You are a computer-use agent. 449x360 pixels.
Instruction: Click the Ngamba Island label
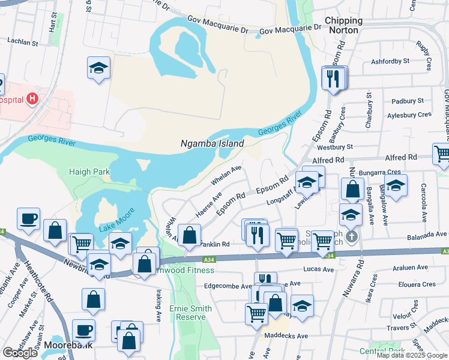click(212, 144)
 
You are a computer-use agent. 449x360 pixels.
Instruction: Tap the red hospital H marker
click(32, 98)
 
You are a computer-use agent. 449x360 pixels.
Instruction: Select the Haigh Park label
click(89, 172)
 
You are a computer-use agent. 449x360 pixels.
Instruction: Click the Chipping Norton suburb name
click(344, 25)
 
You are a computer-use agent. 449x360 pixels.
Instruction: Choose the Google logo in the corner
click(20, 353)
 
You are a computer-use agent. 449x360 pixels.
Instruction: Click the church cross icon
click(352, 236)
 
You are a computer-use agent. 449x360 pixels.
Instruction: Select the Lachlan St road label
click(23, 43)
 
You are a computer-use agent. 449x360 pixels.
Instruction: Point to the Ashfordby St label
click(390, 61)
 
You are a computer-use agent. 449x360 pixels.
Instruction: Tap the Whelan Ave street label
click(226, 175)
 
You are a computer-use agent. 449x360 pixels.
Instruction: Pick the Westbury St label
click(335, 147)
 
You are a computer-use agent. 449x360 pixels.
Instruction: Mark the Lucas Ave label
click(319, 269)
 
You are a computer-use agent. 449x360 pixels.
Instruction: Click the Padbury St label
click(407, 101)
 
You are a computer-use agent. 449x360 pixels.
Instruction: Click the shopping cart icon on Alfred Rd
click(442, 154)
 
